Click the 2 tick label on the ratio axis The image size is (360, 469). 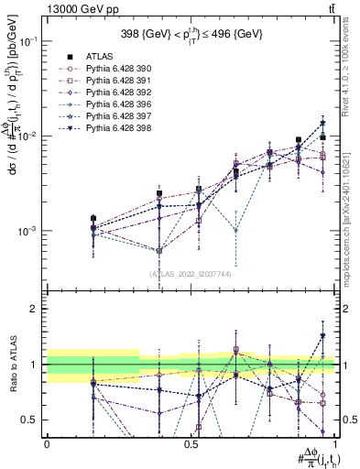(33, 309)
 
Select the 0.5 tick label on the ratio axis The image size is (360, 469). (29, 420)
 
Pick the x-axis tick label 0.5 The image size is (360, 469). (191, 443)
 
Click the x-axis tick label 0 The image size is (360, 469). (47, 443)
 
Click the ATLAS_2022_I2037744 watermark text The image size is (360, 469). (191, 274)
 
